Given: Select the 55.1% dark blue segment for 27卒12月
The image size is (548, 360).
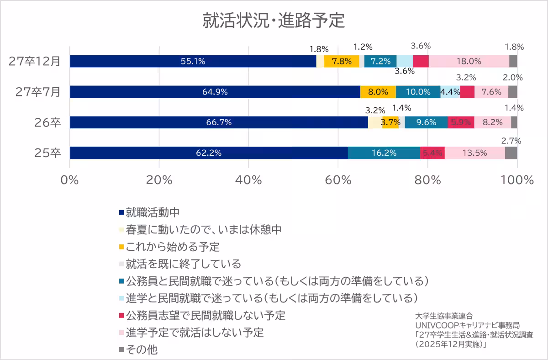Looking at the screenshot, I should (193, 61).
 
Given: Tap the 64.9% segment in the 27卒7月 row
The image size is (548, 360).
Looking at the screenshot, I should (215, 92).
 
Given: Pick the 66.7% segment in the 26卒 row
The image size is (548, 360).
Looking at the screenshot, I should (219, 122).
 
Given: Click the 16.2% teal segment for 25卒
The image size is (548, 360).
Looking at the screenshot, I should (384, 153).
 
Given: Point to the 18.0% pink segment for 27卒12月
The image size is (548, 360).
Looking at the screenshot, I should (469, 61).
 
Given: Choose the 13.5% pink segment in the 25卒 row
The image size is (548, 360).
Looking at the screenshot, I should (474, 153).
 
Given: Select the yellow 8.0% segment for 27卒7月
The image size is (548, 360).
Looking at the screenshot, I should (378, 92).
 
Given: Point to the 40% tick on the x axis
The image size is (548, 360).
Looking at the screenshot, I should (248, 180).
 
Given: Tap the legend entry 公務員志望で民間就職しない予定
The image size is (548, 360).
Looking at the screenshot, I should (205, 315).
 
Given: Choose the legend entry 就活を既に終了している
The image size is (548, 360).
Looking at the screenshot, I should (183, 264).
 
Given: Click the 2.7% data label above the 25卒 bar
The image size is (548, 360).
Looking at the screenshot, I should (511, 141).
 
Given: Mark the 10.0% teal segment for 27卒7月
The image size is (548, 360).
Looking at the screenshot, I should (418, 92).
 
